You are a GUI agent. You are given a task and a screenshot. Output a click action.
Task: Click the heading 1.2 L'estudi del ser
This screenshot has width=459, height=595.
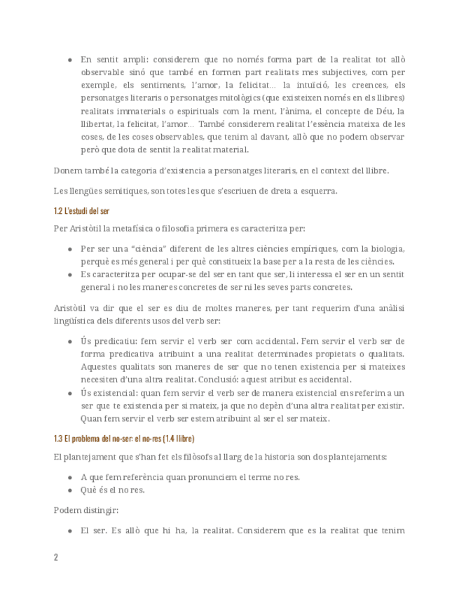point(81,210)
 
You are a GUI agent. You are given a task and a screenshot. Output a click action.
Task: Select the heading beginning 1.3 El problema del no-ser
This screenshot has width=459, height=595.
point(124,439)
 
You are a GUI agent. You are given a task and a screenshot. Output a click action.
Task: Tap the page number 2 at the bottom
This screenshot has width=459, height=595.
point(56,557)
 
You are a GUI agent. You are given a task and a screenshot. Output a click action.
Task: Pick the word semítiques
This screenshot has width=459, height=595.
point(109,191)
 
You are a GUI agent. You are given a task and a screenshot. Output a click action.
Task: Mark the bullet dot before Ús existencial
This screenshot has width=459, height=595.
point(70,393)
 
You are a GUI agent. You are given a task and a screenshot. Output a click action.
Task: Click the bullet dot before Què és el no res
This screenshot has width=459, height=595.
point(70,490)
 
